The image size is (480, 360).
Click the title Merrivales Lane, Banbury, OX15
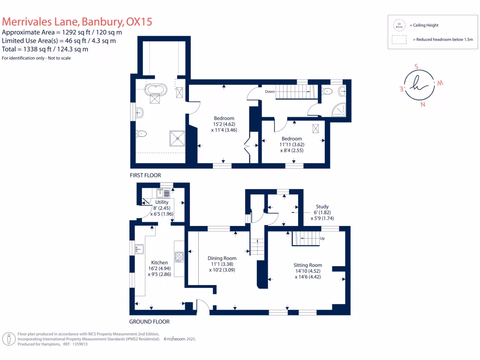pos(77,22)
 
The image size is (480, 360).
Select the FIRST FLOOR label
pos(145,175)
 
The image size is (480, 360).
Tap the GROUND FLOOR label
pos(149,322)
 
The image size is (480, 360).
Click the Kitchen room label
pos(159,262)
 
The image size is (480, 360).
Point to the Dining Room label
pos(222,258)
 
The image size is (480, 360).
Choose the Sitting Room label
pos(308,265)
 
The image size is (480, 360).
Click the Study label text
pos(322,206)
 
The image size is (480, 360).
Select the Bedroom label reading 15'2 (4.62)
pos(224,118)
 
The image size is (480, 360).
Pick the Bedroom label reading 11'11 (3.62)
pos(292,139)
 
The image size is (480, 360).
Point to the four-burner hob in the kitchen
pos(180,256)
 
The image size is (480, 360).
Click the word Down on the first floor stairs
pos(270,92)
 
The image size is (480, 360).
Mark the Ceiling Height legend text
pos(424,25)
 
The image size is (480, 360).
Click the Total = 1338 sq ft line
pos(45,49)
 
